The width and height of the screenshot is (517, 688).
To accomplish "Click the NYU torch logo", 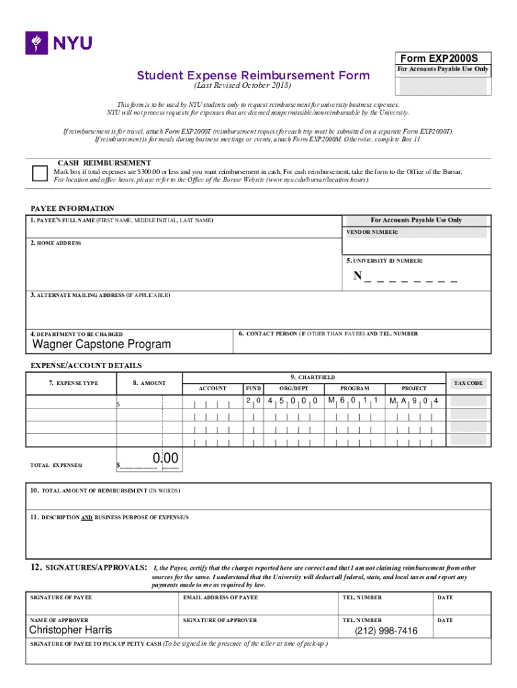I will pyautogui.click(x=35, y=43).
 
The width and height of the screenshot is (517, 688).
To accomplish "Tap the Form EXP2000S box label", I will pyautogui.click(x=443, y=58).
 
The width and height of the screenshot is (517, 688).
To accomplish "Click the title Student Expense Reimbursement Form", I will pyautogui.click(x=253, y=75).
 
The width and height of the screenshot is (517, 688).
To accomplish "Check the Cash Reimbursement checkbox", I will pyautogui.click(x=40, y=173).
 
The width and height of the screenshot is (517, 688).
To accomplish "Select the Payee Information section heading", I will pyautogui.click(x=73, y=209).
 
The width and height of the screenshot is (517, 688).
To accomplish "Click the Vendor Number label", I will pyautogui.click(x=372, y=232).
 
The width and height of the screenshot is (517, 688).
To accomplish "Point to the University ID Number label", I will pyautogui.click(x=384, y=260).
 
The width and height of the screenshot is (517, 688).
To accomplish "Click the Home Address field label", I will pyautogui.click(x=56, y=243).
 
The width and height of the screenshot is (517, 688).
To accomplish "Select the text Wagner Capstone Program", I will pyautogui.click(x=102, y=345).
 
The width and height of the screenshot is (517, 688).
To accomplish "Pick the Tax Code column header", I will pyautogui.click(x=468, y=383).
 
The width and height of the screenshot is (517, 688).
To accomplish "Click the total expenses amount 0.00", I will pyautogui.click(x=164, y=459).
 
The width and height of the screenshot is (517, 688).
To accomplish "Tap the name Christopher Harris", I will pyautogui.click(x=70, y=630).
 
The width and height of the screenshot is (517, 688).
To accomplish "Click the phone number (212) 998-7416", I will pyautogui.click(x=386, y=631).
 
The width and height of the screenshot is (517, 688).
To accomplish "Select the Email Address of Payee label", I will pyautogui.click(x=220, y=597).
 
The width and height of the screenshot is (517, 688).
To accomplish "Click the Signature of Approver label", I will pyautogui.click(x=220, y=620).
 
